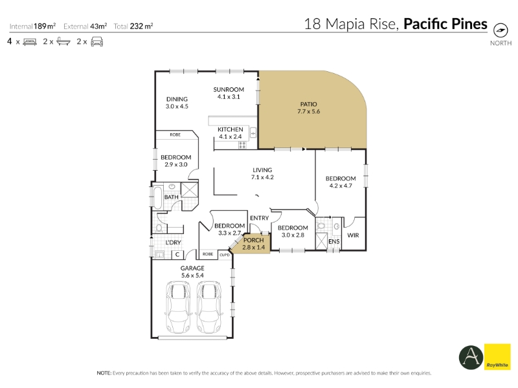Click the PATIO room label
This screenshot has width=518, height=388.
coord(309,104)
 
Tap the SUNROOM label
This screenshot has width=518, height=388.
coord(229,89)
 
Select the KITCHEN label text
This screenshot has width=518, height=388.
coord(231,129)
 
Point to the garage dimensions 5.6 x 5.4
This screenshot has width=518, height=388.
coord(192,275)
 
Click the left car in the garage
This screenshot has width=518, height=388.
coord(178,307)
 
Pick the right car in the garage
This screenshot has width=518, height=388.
coord(208,307)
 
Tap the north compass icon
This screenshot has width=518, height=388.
coord(501,30)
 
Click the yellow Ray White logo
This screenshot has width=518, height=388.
coord(497,357)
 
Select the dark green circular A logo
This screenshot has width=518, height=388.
coord(471,358)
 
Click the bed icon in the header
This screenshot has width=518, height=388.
coord(30,42)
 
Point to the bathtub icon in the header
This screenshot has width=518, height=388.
coord(63,41)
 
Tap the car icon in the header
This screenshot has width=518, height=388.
coord(96,42)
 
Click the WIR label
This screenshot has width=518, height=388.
coord(353,235)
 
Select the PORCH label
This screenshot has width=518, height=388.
coord(254,240)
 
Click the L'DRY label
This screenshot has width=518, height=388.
coord(173,242)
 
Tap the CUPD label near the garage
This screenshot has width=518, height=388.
coord(225,255)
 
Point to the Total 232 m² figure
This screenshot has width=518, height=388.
coord(133,26)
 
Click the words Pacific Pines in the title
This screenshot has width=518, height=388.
coord(445,24)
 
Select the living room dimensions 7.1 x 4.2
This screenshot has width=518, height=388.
coord(262,177)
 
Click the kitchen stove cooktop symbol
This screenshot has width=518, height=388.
coord(242,145)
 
